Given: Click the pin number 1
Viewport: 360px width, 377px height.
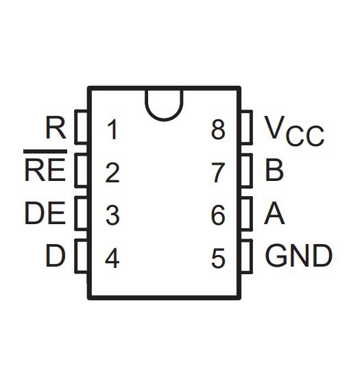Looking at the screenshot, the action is (x=112, y=130).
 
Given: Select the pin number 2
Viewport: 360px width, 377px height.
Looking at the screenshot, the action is (x=112, y=173).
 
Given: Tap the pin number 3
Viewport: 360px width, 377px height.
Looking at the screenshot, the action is (x=112, y=215).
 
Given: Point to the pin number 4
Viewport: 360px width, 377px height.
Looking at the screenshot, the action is (x=112, y=258).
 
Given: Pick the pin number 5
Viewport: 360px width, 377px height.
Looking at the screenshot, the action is (x=218, y=258).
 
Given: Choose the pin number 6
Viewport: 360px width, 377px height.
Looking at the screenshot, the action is (x=218, y=215).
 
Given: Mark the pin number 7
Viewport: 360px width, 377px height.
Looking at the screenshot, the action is (x=218, y=173).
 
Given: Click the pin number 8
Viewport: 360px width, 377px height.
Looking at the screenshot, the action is (x=218, y=130).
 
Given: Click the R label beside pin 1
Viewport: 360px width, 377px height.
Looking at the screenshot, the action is (x=56, y=127).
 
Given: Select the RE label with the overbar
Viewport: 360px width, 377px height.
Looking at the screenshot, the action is (x=45, y=166).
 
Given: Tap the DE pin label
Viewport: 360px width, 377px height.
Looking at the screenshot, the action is (x=45, y=213).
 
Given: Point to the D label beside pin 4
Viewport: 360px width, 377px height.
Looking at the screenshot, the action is (x=56, y=256).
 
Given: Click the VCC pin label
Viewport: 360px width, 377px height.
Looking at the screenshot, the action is (x=294, y=131).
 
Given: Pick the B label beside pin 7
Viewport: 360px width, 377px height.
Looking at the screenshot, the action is (x=274, y=170).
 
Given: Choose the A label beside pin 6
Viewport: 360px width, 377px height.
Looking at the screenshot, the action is (x=274, y=213).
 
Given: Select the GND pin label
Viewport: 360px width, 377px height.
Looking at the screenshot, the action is (x=299, y=256).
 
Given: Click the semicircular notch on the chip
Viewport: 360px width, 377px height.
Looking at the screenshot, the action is (x=164, y=119).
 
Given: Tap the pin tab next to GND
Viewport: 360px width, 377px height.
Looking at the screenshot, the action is (x=247, y=256).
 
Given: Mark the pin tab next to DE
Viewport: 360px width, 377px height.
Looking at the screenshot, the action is (x=81, y=213).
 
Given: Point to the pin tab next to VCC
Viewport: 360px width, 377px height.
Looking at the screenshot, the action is (x=247, y=127).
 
